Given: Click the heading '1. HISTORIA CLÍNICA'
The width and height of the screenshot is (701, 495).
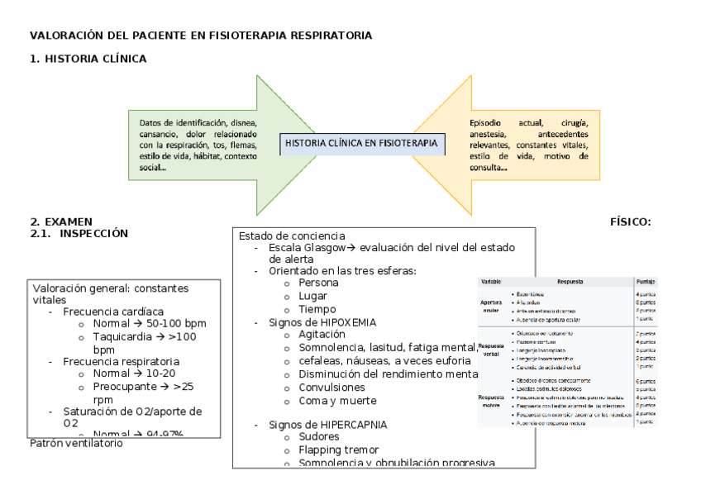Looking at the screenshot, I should click(x=88, y=59).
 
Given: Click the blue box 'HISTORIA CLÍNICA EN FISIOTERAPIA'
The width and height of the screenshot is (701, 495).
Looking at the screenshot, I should click(x=361, y=143).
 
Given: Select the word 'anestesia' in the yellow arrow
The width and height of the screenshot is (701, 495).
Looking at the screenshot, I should click(x=489, y=134).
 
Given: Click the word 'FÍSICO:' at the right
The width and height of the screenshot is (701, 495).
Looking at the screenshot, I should click(x=631, y=221).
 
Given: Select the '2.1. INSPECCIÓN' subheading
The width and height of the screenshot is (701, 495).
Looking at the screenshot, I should click(x=79, y=233).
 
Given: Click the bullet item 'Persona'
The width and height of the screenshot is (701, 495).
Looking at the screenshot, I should click(x=318, y=283).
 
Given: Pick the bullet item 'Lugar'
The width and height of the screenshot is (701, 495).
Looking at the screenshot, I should click(x=313, y=295).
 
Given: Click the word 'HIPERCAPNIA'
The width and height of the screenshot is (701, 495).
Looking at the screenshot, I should click(x=352, y=425).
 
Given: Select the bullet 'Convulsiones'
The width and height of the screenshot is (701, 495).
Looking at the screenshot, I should click(x=332, y=387).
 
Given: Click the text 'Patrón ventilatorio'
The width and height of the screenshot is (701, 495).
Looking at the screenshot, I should click(x=76, y=444).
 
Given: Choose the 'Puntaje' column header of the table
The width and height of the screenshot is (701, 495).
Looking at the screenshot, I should click(x=646, y=282).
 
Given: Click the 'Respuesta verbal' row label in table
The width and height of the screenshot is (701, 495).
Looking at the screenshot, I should click(x=491, y=350).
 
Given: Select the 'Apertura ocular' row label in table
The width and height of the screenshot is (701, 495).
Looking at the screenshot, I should click(x=492, y=306).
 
